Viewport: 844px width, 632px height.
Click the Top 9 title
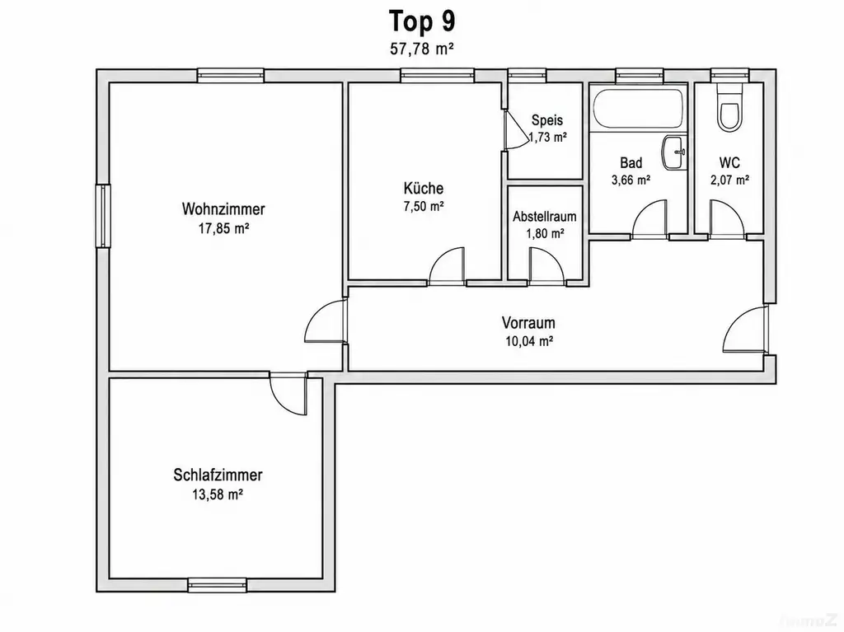[x=422, y=21]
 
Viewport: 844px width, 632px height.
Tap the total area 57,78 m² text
[x=421, y=49]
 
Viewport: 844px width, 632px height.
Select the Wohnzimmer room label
[x=223, y=208]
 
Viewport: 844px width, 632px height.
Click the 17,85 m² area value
[x=223, y=229]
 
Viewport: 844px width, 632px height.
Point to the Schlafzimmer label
[x=218, y=475]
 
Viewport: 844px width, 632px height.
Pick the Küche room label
[x=424, y=189]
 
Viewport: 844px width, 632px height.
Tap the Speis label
[x=547, y=120]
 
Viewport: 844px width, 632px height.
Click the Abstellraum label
[x=545, y=217]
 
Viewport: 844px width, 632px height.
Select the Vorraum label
[x=528, y=323]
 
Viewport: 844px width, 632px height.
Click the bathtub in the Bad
[x=639, y=110]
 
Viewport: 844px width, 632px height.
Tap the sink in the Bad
[x=674, y=153]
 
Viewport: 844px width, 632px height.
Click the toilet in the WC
[x=730, y=110]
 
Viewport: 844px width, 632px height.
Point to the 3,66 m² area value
[x=631, y=180]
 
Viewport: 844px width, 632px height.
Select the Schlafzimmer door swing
[x=288, y=394]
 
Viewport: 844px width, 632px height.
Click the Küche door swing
[x=447, y=265]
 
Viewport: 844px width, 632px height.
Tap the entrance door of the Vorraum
[x=744, y=330]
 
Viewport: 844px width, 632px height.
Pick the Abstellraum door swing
[x=546, y=265]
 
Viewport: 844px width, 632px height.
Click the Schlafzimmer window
[x=218, y=585]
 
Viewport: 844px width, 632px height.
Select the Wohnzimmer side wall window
[x=103, y=216]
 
